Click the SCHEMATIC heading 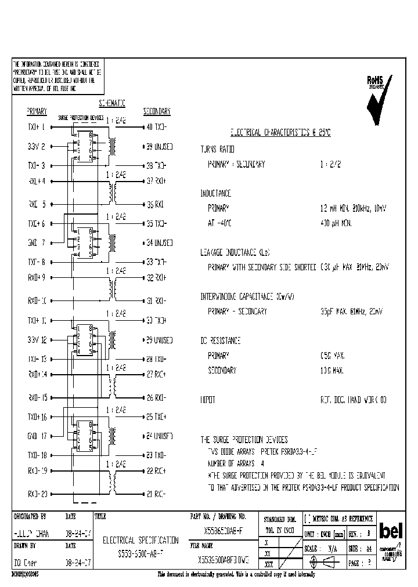112,103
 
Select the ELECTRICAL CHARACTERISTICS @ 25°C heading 280,132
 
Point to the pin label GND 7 36,243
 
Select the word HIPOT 208,400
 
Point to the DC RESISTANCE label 221,340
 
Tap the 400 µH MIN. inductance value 336,223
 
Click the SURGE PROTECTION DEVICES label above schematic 81,118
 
